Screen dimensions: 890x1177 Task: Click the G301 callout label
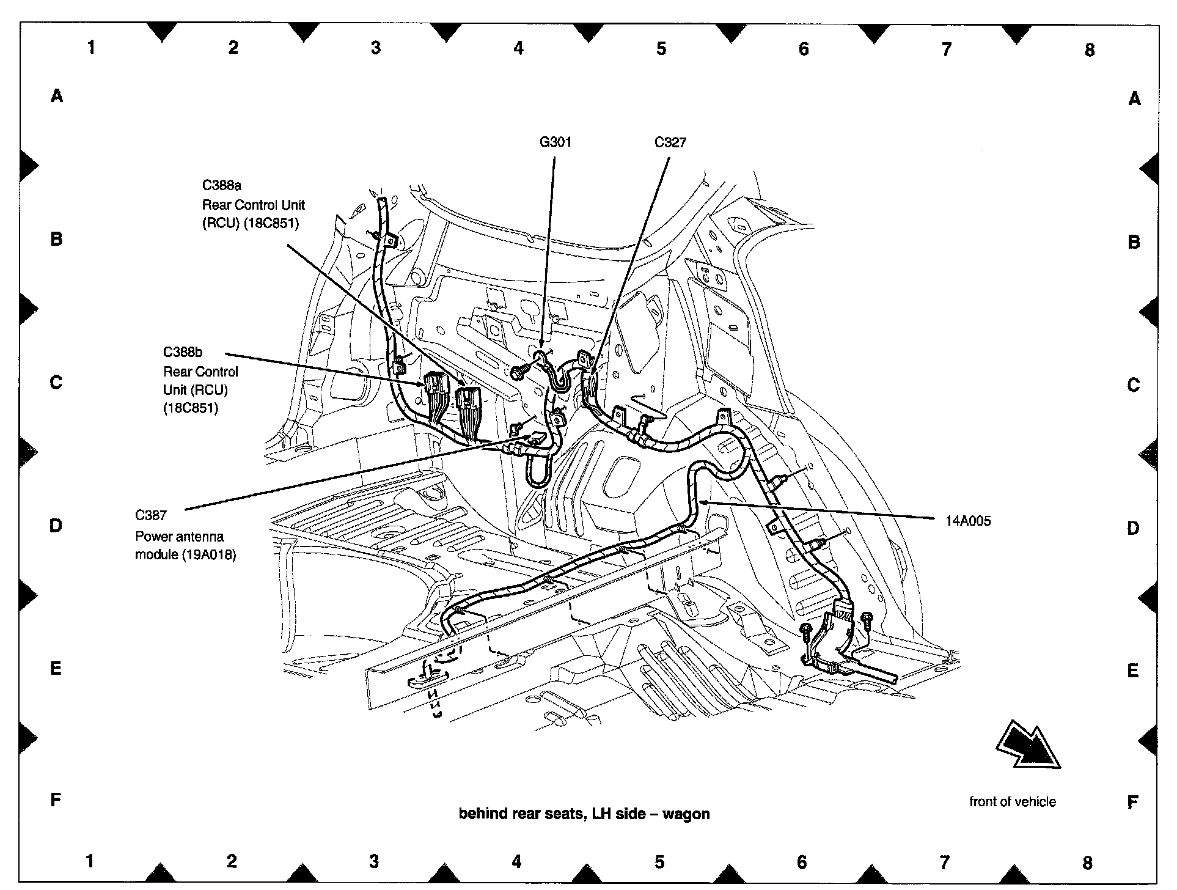click(555, 142)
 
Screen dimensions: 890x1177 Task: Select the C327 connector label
click(670, 142)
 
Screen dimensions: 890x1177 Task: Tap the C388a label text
click(222, 185)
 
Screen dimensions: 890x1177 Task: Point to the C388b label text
click(182, 352)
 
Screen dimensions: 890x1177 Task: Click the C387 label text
click(151, 515)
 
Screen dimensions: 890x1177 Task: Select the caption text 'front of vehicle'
click(1012, 801)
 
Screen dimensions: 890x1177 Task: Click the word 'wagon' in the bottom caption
click(686, 814)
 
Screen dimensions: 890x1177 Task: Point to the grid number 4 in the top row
click(518, 48)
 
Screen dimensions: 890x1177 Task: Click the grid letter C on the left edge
click(56, 382)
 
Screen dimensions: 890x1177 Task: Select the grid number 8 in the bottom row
click(1087, 862)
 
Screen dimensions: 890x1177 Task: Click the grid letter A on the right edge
click(1134, 98)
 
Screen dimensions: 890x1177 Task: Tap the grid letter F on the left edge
click(56, 799)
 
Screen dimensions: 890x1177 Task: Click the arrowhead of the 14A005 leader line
click(703, 502)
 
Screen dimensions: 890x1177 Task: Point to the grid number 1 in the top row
click(91, 47)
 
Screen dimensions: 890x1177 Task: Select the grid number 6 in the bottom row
click(802, 862)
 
